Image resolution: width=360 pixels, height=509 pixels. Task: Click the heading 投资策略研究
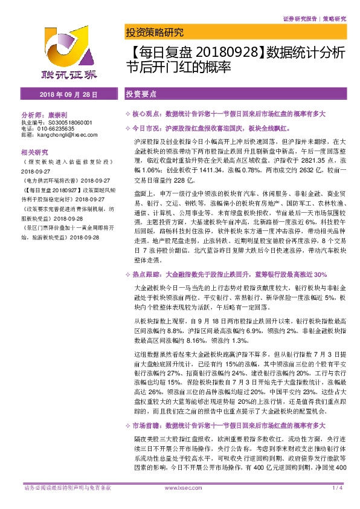[x=153, y=33]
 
